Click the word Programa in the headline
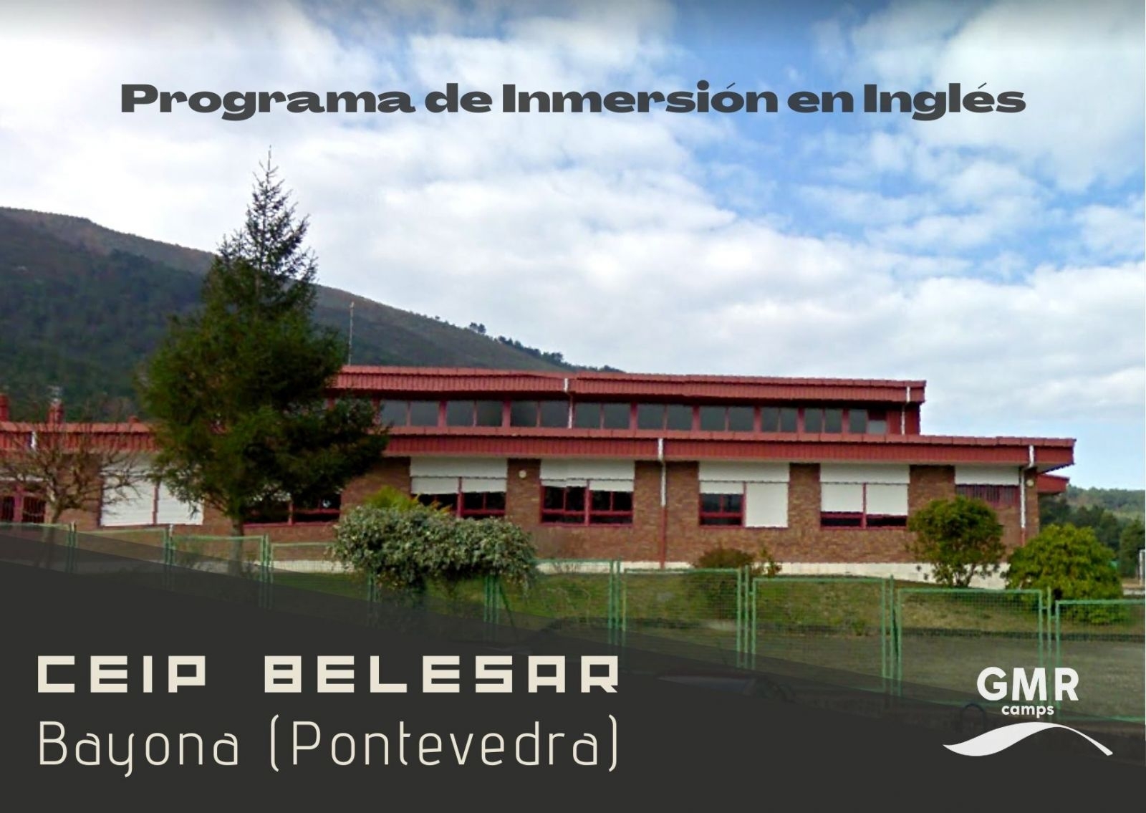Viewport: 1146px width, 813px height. click(x=268, y=100)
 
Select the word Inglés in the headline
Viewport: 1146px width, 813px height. click(x=943, y=100)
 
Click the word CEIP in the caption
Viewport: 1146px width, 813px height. click(x=122, y=676)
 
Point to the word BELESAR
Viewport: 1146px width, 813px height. click(x=441, y=676)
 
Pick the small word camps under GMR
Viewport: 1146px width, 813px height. click(x=1028, y=710)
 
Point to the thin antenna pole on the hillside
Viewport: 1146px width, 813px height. click(x=351, y=332)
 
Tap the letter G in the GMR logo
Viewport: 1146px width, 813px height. click(x=992, y=686)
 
